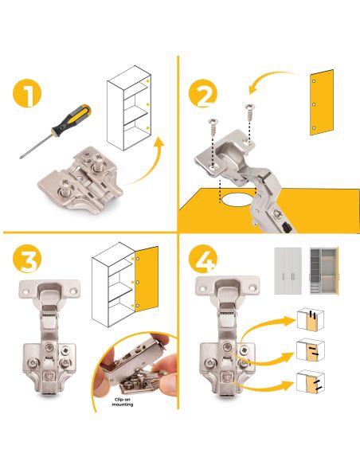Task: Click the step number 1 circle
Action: (27, 93)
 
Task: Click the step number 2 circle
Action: (203, 93)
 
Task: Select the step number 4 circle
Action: (203, 259)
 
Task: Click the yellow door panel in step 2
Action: (322, 103)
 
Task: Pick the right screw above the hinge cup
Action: (249, 112)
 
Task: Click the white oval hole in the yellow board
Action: (239, 200)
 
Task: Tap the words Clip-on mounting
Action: (123, 402)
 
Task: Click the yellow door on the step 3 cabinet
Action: (147, 279)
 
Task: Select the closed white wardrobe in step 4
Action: (288, 271)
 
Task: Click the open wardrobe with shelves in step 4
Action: (324, 270)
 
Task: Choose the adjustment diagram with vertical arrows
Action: (310, 320)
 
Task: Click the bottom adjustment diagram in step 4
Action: (311, 381)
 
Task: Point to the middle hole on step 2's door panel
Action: (314, 104)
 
